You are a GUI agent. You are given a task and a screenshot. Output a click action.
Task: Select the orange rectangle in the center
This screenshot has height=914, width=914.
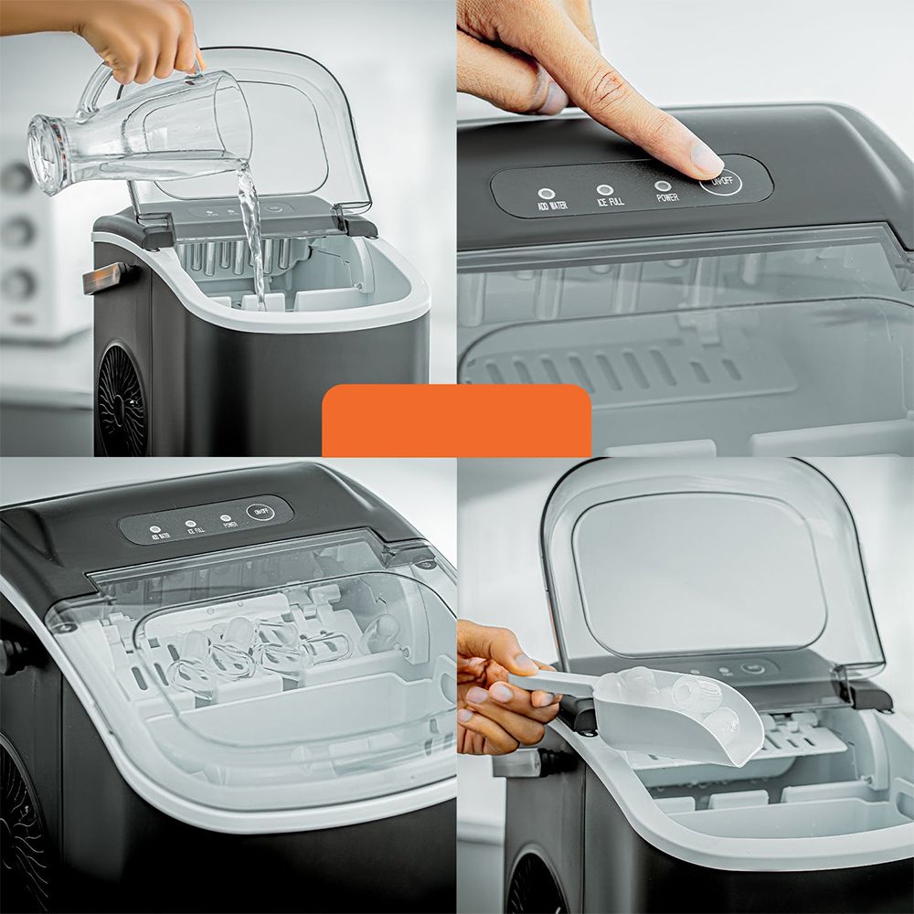[x=456, y=420]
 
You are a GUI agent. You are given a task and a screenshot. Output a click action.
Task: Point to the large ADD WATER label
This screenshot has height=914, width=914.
[x=552, y=207]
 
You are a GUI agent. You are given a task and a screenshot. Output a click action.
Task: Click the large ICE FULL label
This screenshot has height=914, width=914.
[x=610, y=201]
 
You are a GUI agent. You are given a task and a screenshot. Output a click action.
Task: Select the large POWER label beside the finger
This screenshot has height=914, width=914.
[x=667, y=197]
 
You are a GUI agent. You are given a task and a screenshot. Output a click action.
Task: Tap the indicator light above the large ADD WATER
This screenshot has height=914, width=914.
[x=546, y=194]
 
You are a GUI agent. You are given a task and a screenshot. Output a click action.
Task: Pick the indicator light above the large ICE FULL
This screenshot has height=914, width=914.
[x=604, y=189]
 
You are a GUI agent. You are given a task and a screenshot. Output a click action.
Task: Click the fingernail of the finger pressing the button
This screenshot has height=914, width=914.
[x=706, y=159]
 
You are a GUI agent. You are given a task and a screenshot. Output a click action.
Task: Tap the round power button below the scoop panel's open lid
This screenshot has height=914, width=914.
[x=752, y=668]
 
